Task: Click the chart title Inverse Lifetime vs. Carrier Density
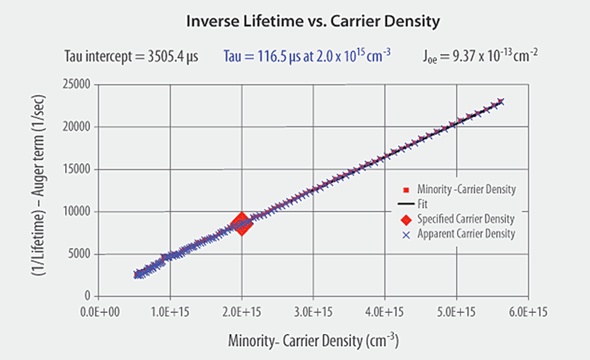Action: tap(313, 22)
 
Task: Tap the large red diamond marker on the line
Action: tap(242, 223)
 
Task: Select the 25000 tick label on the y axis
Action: tap(75, 84)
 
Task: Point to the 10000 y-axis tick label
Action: tap(75, 212)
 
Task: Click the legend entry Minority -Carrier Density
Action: tap(466, 189)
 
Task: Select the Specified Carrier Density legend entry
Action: tap(466, 218)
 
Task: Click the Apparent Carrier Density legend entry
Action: tap(466, 234)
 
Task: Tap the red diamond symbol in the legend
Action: tap(406, 218)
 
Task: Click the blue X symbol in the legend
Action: tap(406, 234)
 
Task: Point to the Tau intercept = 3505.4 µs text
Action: tap(131, 57)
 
